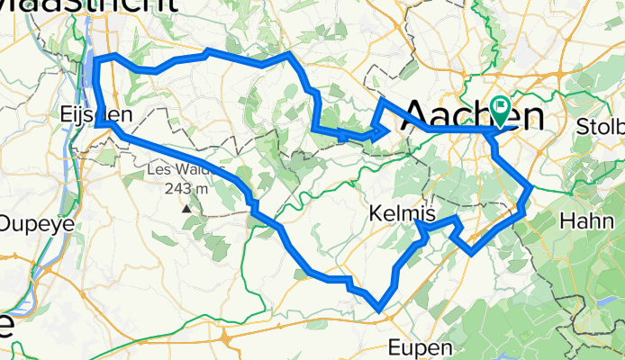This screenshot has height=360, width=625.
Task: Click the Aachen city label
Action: [x=474, y=116]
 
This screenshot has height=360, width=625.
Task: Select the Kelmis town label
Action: [x=402, y=215]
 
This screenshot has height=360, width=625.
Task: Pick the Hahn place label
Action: [x=585, y=220]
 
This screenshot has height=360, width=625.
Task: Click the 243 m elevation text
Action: [x=187, y=188]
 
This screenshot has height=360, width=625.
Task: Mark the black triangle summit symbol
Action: [x=186, y=208]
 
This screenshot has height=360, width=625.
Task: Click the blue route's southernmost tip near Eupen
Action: [x=381, y=311]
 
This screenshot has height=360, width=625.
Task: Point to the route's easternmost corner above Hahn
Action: [x=531, y=186]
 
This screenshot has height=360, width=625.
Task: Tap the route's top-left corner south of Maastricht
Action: [x=96, y=59]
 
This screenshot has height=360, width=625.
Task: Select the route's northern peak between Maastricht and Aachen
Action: [x=288, y=55]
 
